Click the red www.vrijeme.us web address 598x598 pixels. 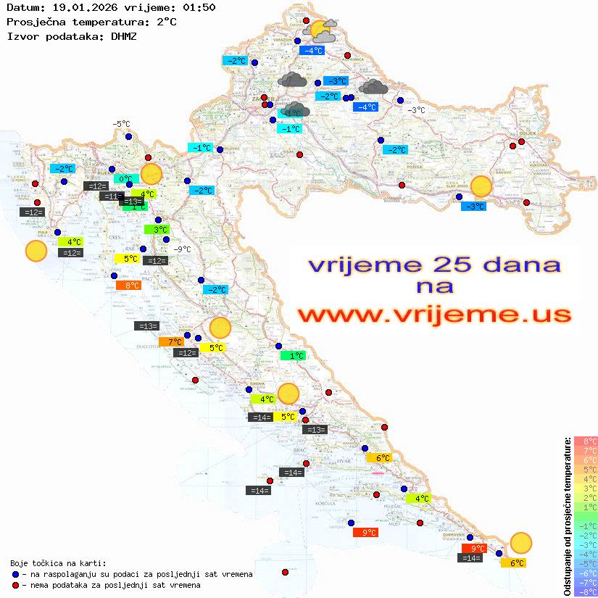tap(433, 315)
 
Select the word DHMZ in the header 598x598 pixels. tap(124, 36)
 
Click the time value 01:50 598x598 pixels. tap(199, 7)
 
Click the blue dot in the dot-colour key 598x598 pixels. tap(16, 574)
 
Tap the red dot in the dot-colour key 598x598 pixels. tap(16, 585)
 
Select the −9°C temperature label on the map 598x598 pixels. tap(182, 249)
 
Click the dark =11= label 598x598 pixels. tap(112, 196)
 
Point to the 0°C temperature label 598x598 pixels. tap(125, 178)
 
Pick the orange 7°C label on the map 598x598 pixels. tap(175, 341)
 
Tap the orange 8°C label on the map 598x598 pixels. tap(132, 286)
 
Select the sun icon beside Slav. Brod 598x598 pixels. tap(481, 186)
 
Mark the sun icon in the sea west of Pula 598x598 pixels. tap(36, 252)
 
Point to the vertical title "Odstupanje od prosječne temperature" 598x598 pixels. tap(566, 517)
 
